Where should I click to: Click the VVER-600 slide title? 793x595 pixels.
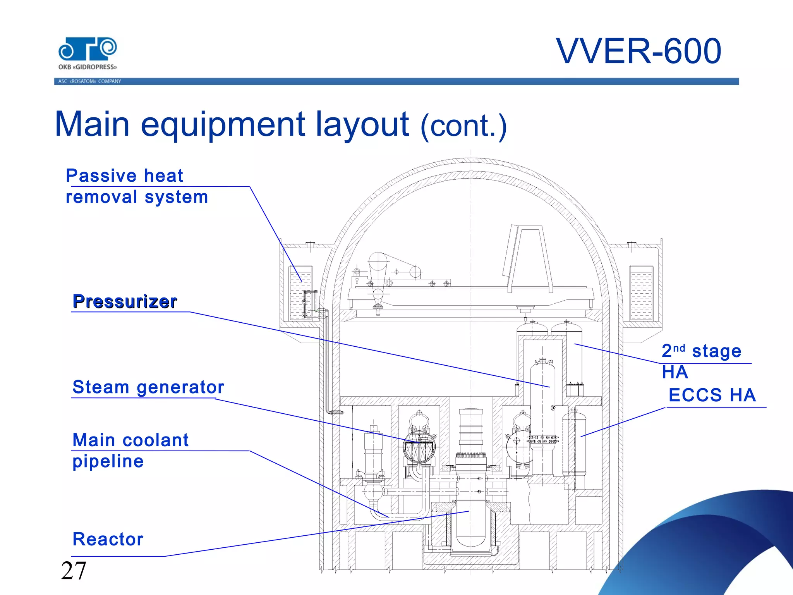(639, 51)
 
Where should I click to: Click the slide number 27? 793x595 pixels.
(73, 571)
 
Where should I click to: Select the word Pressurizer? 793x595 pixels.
(125, 301)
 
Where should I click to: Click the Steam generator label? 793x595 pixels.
(148, 387)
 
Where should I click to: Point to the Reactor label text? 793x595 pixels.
(108, 539)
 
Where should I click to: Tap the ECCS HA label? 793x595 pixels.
(712, 395)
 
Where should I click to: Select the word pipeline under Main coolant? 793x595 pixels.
(108, 461)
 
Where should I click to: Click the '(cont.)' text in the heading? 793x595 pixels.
(463, 126)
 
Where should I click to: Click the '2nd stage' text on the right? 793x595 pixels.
(701, 351)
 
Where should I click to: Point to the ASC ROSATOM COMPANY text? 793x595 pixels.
(89, 81)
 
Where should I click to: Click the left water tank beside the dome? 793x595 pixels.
(300, 293)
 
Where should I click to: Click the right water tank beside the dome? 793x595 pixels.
(641, 293)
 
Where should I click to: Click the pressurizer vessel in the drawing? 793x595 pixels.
(542, 403)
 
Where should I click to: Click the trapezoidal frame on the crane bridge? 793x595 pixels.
(528, 258)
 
